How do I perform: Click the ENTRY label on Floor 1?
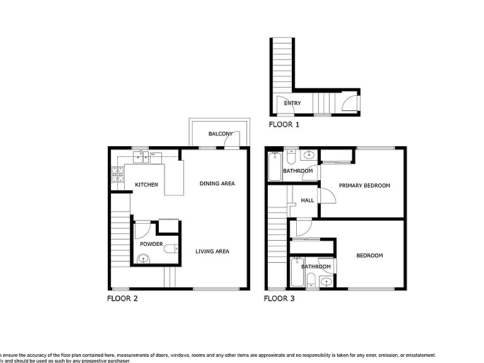[292, 103]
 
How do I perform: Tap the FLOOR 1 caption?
[284, 125]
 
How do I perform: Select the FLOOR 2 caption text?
[122, 299]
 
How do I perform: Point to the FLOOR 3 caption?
[279, 299]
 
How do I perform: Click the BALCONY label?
[221, 134]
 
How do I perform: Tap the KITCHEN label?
[146, 185]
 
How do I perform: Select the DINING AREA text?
[217, 184]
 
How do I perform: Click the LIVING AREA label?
[212, 251]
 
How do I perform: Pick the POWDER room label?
[151, 244]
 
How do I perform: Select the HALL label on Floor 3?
[308, 200]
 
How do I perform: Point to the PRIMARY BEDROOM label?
[364, 186]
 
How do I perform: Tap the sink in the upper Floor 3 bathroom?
[309, 155]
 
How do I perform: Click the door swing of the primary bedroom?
[327, 197]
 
